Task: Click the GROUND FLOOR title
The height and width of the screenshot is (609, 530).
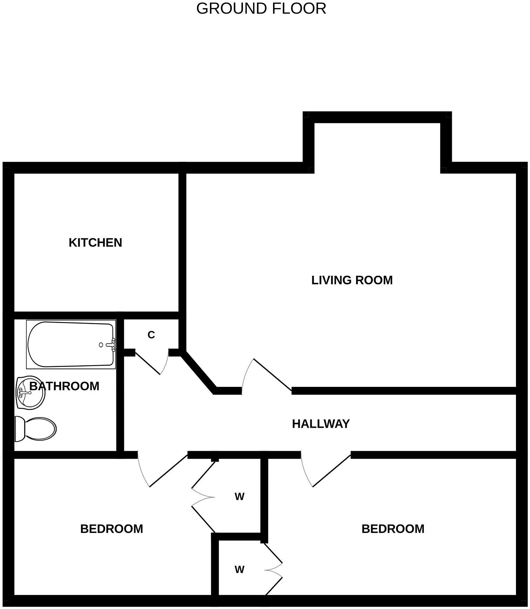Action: click(261, 8)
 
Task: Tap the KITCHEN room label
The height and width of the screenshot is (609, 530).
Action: click(95, 243)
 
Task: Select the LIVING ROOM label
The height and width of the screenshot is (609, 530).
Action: click(352, 280)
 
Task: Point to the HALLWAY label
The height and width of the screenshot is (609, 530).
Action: click(321, 424)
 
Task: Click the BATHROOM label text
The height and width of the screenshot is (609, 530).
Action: click(64, 386)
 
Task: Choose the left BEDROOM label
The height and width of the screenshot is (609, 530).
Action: click(111, 529)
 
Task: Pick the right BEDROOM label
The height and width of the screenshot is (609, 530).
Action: click(393, 529)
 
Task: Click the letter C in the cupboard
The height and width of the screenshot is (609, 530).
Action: click(151, 335)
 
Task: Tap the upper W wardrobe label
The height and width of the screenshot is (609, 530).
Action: click(239, 497)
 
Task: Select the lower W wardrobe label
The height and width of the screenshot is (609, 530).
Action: click(239, 570)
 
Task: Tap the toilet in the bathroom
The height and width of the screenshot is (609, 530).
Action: click(35, 429)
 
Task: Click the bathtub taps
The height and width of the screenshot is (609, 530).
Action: click(112, 344)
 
